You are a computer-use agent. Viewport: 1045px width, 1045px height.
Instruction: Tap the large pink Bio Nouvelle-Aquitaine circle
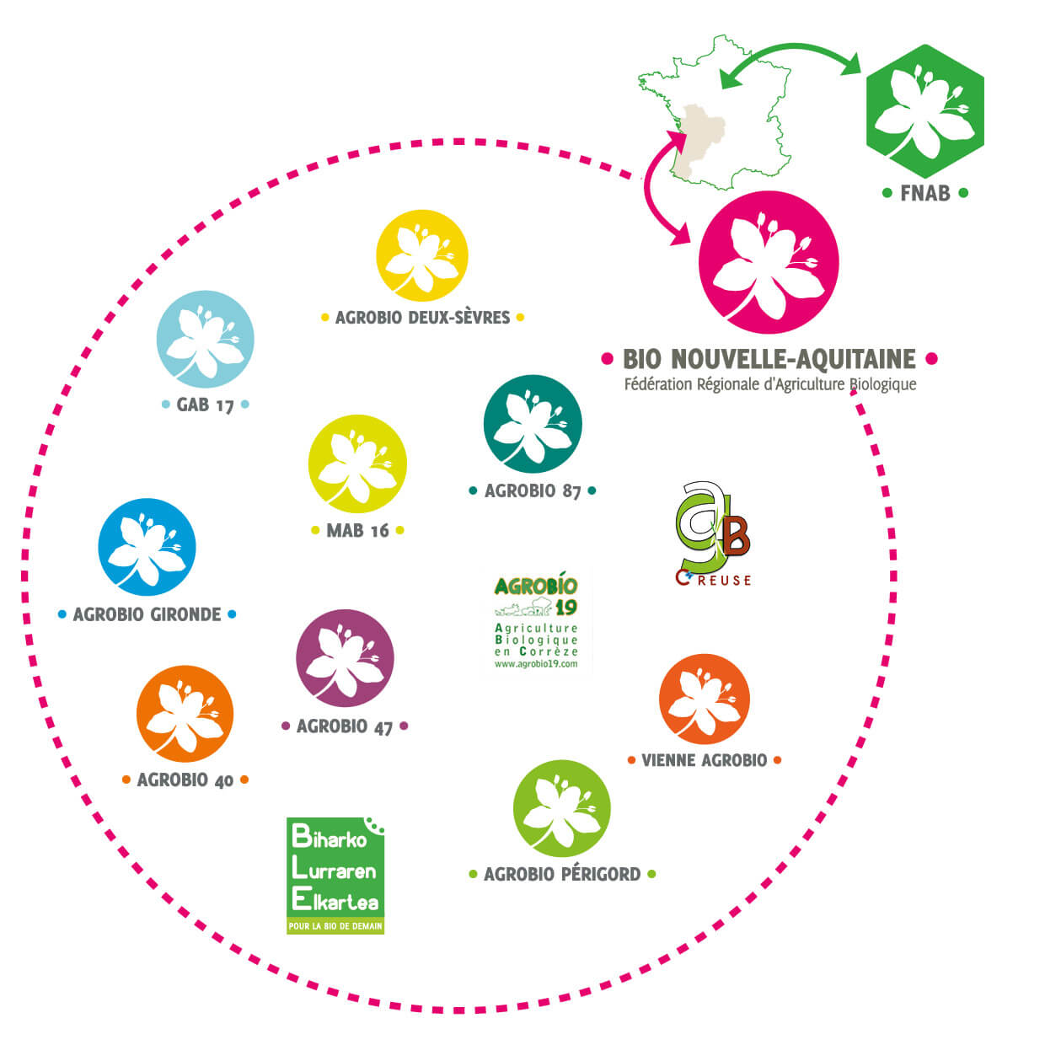click(x=769, y=262)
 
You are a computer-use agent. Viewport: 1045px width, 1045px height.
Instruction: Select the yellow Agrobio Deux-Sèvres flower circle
click(x=421, y=255)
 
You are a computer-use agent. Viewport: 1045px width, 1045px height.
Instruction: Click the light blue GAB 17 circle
click(x=205, y=339)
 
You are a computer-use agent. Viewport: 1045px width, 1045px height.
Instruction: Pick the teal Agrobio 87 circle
click(x=533, y=424)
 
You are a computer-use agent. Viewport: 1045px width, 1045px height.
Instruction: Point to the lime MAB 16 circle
click(x=357, y=464)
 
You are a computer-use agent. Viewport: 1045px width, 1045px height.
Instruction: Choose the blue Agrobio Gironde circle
click(x=147, y=547)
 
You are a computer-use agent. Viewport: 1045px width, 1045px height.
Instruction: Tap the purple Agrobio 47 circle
click(x=345, y=658)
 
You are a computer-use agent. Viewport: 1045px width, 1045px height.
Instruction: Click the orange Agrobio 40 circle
click(x=185, y=714)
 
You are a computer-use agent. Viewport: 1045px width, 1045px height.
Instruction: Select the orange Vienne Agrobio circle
click(x=704, y=699)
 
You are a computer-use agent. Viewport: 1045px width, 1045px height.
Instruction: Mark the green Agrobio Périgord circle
click(x=561, y=809)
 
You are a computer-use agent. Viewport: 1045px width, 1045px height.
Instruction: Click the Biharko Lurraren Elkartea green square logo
click(x=335, y=875)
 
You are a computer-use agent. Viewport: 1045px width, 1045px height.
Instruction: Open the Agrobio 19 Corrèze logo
click(x=536, y=622)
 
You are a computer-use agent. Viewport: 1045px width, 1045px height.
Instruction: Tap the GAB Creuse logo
click(x=712, y=534)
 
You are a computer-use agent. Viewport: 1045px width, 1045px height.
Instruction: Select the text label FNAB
click(x=924, y=193)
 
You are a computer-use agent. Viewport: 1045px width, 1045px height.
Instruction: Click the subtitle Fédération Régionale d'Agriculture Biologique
click(x=769, y=385)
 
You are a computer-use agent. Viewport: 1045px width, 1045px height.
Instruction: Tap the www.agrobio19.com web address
click(x=536, y=664)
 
